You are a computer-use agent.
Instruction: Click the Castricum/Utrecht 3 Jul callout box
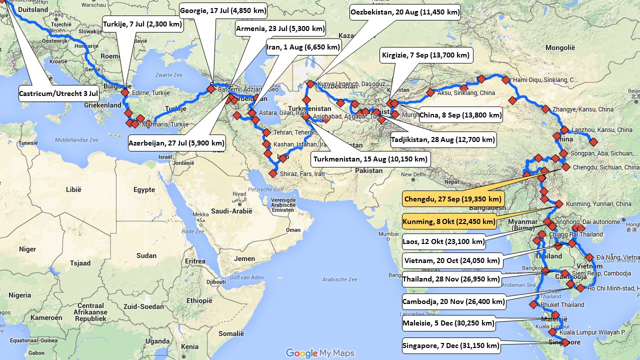(58, 93)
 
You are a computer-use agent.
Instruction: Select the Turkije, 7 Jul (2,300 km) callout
(142, 24)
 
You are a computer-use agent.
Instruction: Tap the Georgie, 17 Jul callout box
(223, 10)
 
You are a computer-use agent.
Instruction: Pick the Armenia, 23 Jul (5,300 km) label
(280, 28)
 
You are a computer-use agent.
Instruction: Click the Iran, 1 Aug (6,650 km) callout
(303, 47)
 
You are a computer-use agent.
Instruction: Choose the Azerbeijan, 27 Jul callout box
(176, 142)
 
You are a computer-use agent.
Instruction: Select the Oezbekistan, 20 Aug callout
(405, 12)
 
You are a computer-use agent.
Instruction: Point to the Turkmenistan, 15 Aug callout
(370, 159)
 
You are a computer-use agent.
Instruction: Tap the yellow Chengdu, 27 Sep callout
(453, 199)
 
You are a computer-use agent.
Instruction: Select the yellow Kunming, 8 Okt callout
(449, 221)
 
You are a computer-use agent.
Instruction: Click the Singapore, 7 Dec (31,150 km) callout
(451, 345)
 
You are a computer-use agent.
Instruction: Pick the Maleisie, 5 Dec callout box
(448, 323)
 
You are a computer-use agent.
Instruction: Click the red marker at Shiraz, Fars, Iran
(272, 173)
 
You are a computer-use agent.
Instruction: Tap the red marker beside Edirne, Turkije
(124, 92)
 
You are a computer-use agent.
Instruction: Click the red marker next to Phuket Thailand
(533, 304)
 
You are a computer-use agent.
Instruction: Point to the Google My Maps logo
(319, 353)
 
